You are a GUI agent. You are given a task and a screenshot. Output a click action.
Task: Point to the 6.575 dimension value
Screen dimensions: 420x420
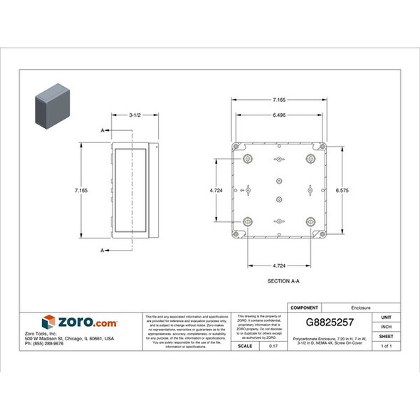(342, 190)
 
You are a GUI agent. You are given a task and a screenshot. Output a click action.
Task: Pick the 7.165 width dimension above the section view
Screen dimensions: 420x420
(278, 102)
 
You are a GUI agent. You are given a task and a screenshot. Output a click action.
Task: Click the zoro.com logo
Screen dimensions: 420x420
(79, 322)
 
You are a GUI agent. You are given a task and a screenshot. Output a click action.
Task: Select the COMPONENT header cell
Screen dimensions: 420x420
(305, 308)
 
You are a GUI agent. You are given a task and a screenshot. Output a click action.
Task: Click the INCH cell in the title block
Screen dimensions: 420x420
(387, 327)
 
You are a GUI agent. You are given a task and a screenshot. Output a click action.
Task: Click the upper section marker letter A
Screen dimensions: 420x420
(104, 130)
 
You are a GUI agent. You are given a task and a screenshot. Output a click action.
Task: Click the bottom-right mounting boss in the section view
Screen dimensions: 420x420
(311, 222)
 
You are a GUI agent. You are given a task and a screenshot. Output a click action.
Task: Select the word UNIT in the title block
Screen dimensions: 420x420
(387, 317)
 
